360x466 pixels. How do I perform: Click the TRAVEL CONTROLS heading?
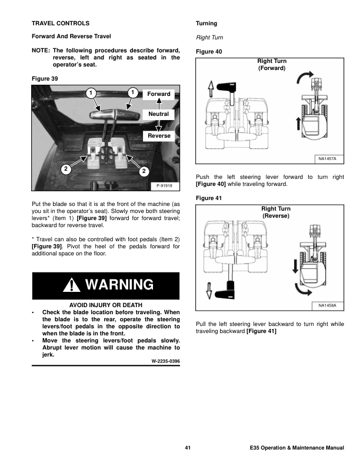pyautogui.click(x=61, y=23)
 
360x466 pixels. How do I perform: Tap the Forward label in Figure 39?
pyautogui.click(x=159, y=94)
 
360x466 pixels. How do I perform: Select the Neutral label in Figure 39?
pyautogui.click(x=158, y=114)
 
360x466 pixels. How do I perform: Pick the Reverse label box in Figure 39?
pyautogui.click(x=159, y=136)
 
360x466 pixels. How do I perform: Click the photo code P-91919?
pyautogui.click(x=164, y=186)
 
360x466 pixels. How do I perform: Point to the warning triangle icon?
pyautogui.click(x=72, y=285)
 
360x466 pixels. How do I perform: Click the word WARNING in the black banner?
pyautogui.click(x=119, y=285)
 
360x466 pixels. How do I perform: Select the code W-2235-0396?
pyautogui.click(x=166, y=361)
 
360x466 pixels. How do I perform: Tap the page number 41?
pyautogui.click(x=188, y=448)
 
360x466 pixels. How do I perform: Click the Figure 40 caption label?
pyautogui.click(x=209, y=52)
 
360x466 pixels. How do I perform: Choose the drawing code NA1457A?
pyautogui.click(x=327, y=159)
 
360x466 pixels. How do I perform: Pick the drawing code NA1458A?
pyautogui.click(x=327, y=305)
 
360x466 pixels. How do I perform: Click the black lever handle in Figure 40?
pyautogui.click(x=226, y=86)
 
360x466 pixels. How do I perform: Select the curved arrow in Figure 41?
pyautogui.click(x=302, y=291)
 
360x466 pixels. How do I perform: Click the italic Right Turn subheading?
pyautogui.click(x=209, y=38)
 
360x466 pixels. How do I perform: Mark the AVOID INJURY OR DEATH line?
pyautogui.click(x=106, y=305)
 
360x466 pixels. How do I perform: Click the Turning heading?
pyautogui.click(x=206, y=24)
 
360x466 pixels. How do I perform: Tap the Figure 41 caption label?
pyautogui.click(x=209, y=198)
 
